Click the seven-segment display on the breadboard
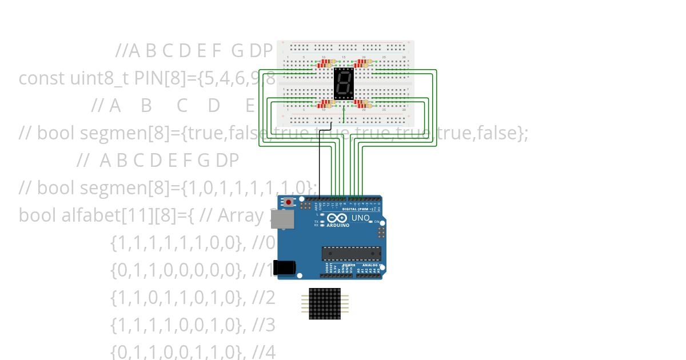344,85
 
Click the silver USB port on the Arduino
280,219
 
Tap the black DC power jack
284,267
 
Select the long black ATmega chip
351,253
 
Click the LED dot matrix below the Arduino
324,303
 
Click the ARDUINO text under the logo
338,225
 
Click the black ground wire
319,166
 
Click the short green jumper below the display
343,115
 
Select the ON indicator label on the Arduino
377,222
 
